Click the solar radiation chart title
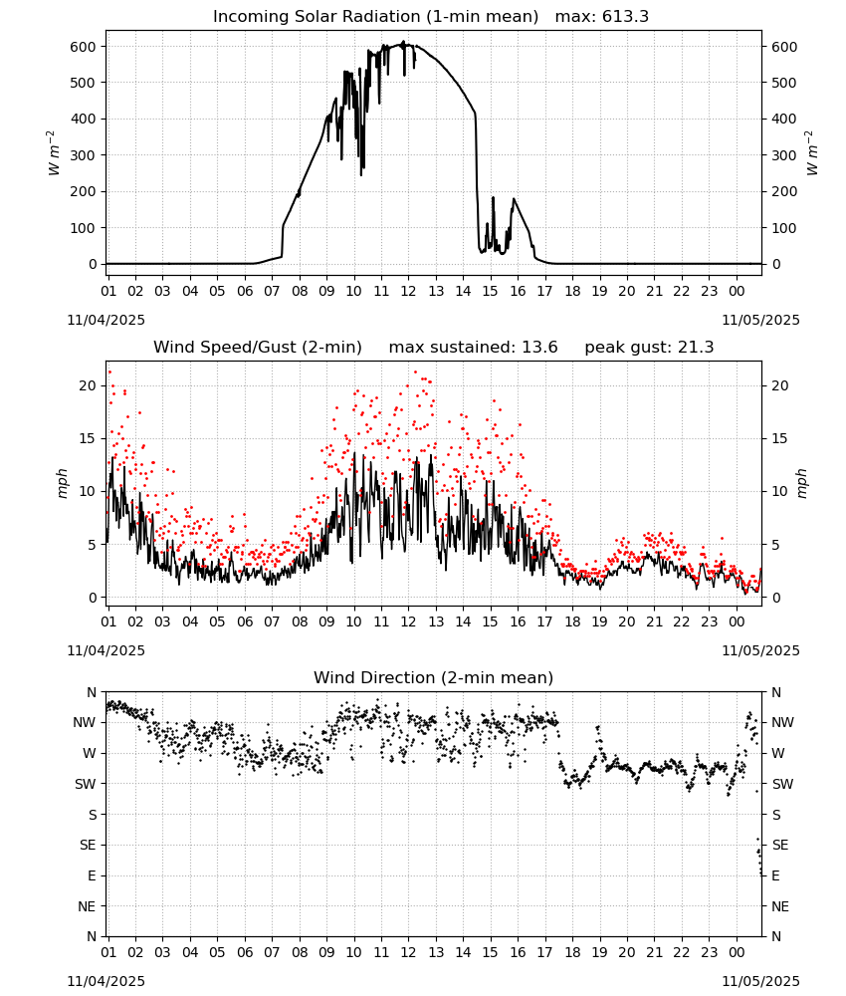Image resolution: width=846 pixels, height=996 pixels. click(431, 17)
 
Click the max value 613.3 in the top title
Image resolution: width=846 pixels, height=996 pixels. click(625, 17)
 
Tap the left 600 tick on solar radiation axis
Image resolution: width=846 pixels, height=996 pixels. click(84, 47)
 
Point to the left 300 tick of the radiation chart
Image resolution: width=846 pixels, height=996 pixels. click(84, 155)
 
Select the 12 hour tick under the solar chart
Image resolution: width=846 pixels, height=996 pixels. click(408, 291)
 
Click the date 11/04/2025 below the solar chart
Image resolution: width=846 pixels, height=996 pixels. click(106, 320)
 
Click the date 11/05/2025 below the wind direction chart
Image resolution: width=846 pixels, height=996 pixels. click(761, 981)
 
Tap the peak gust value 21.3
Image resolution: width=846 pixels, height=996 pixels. click(697, 348)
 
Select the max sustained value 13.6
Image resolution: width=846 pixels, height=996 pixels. click(540, 348)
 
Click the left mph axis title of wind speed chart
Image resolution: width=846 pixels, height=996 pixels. click(62, 484)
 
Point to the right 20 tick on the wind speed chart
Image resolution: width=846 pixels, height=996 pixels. click(780, 386)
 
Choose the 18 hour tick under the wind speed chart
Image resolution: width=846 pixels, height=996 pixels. click(572, 622)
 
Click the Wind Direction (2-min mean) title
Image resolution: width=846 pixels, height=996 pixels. click(434, 678)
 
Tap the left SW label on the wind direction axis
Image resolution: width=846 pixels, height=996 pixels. click(86, 785)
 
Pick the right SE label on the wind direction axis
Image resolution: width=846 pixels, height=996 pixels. click(780, 846)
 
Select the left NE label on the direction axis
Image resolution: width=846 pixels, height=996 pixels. click(87, 907)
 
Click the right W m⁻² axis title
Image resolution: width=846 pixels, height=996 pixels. click(812, 153)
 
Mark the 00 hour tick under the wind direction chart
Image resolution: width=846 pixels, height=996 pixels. click(737, 953)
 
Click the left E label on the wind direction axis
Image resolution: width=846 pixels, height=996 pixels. click(92, 875)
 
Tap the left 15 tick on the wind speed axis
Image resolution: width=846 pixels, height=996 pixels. click(89, 439)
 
